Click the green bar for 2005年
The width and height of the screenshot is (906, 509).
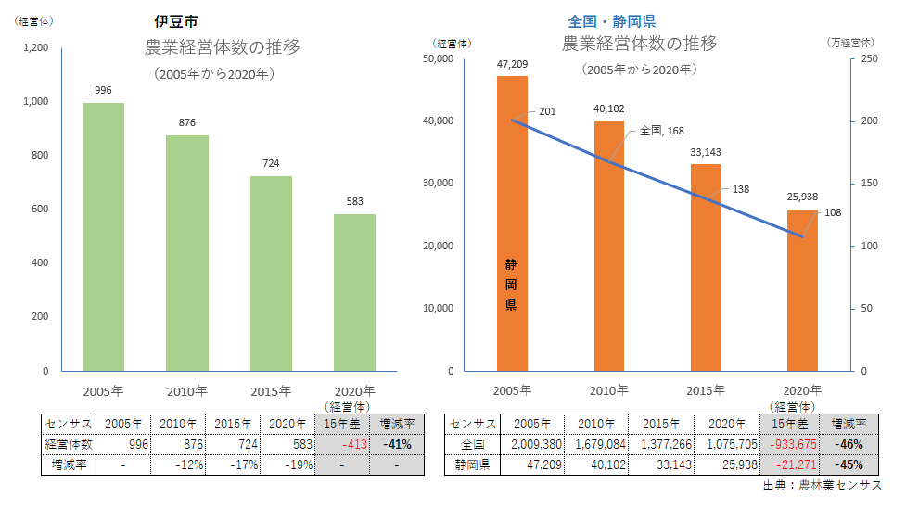pos(103,236)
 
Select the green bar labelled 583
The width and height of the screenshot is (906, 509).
pos(354,292)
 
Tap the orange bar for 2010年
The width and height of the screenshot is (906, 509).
pos(608,246)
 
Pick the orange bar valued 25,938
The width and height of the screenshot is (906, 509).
pos(802,289)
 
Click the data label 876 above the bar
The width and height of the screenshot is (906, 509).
pos(186,122)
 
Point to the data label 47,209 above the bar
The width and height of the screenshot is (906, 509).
pos(512,64)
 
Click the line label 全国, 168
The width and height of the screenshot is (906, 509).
pos(662,132)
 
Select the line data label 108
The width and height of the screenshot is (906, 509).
pos(833,212)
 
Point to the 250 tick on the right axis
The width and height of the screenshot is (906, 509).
pos(869,59)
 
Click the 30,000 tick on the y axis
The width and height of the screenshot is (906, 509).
pos(437,184)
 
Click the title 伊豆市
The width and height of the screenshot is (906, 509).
pos(174,20)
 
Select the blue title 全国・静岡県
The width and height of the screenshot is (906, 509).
pos(611,20)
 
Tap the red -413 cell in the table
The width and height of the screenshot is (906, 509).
pos(342,444)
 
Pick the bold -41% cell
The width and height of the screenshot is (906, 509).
pos(396,444)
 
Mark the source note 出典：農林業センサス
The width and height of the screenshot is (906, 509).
pos(822,486)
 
